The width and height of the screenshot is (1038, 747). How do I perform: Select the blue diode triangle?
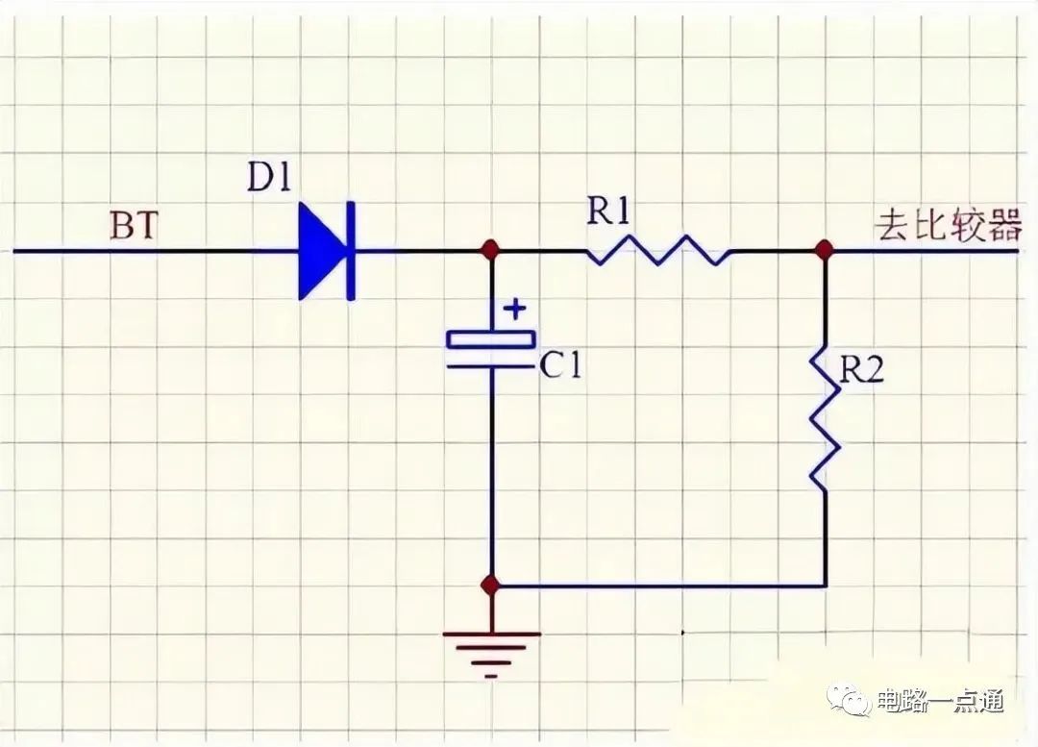click(320, 251)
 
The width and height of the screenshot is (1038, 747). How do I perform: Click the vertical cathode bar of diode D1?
click(350, 251)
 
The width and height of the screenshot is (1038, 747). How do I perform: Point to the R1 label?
click(609, 212)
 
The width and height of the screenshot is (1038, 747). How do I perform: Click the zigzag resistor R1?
click(657, 252)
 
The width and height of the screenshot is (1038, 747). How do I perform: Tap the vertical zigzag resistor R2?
click(825, 419)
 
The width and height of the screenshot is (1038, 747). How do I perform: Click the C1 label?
click(559, 366)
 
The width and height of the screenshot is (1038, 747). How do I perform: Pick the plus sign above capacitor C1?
click(516, 310)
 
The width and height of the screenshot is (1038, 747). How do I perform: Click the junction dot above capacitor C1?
click(491, 251)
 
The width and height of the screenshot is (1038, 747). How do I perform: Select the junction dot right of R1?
click(824, 251)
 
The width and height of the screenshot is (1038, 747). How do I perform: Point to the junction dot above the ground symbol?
click(491, 585)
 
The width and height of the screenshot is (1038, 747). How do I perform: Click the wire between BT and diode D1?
click(154, 251)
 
